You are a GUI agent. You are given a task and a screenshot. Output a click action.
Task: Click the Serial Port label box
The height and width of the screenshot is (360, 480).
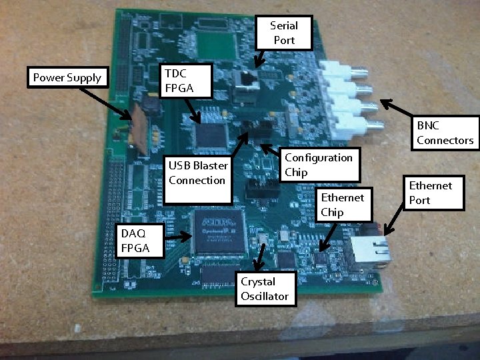tap(283, 33)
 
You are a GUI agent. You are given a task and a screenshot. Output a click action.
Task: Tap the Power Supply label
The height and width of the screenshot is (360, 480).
tap(67, 78)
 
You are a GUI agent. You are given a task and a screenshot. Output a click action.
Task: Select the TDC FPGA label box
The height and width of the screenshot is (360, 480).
tap(187, 80)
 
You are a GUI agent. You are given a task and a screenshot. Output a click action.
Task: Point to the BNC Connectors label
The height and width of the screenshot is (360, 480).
tap(445, 133)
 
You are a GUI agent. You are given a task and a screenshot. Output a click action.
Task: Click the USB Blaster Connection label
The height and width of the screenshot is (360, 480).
tap(198, 180)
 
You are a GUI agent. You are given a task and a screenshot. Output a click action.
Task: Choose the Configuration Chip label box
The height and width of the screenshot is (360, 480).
tap(319, 165)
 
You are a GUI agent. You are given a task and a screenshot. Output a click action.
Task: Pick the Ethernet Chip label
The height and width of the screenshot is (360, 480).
tap(342, 205)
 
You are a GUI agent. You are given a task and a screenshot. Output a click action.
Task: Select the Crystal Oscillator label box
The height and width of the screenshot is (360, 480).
tap(265, 288)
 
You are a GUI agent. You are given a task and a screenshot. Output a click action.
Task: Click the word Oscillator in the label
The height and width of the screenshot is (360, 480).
tap(265, 295)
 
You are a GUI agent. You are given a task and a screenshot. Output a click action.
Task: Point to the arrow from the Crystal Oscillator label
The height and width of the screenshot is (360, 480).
tap(264, 257)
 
